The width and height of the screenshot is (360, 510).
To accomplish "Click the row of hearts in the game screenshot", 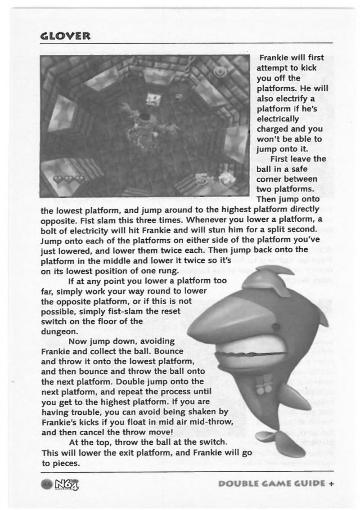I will click(x=68, y=179).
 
